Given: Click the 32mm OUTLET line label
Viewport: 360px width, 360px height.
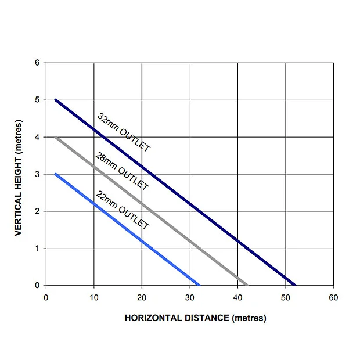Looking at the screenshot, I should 124,133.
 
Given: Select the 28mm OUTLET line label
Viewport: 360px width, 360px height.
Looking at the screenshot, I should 122,172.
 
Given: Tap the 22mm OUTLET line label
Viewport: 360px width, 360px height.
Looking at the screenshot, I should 122,210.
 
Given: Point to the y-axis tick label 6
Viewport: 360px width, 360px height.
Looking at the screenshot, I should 37,63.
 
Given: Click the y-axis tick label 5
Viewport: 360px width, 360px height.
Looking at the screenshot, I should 37,100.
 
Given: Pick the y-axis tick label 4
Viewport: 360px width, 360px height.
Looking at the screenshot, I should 37,137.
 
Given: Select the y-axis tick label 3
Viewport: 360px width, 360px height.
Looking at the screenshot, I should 37,174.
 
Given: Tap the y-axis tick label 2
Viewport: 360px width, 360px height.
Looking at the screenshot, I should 37,211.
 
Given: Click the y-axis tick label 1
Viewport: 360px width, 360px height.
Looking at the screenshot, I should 37,249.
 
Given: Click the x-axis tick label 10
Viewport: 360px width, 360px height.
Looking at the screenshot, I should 94,298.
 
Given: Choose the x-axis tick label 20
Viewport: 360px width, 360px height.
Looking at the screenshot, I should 142,298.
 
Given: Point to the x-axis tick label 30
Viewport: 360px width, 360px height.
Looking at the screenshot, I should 189,298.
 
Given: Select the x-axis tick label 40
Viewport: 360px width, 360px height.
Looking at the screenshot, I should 237,298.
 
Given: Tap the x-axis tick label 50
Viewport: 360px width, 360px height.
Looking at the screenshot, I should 285,298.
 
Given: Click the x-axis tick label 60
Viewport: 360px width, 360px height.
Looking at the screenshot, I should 333,298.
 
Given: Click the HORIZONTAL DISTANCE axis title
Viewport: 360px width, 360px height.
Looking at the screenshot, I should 195,318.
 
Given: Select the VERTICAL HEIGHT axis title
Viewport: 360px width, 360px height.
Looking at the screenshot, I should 18,178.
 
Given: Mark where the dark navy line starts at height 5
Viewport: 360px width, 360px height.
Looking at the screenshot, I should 56,100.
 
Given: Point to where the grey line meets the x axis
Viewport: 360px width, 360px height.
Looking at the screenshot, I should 247,285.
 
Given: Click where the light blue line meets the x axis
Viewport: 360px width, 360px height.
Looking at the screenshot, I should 199,285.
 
